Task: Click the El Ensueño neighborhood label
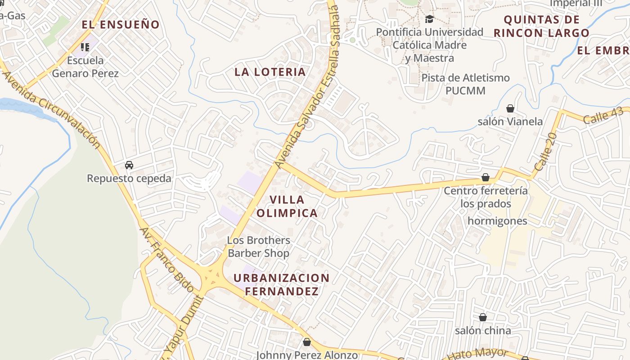(121, 25)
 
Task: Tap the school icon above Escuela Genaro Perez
(85, 47)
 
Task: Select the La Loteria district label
(270, 72)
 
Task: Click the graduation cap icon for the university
(429, 19)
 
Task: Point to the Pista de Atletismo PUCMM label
(465, 84)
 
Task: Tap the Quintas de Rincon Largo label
(541, 26)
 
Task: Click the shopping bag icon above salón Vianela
(510, 108)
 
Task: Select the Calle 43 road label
(603, 117)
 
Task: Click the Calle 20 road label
(546, 151)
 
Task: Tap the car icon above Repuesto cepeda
(129, 165)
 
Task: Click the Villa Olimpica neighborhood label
(287, 206)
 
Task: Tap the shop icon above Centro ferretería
(485, 178)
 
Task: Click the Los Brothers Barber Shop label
(258, 247)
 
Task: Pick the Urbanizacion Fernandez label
(282, 284)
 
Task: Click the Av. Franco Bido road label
(166, 260)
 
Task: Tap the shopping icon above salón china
(483, 318)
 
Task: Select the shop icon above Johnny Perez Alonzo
(307, 342)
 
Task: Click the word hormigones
(497, 221)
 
